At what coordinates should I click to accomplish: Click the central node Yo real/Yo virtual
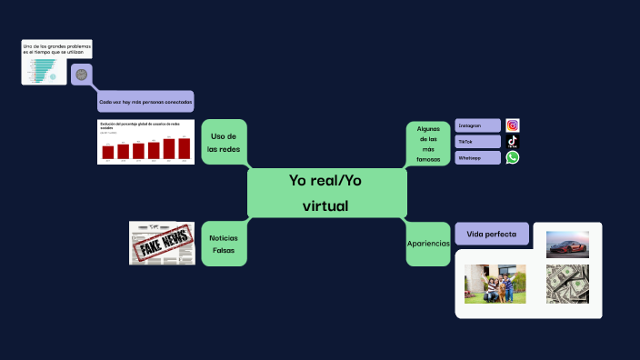tap(325, 193)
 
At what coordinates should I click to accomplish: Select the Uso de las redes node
tap(223, 142)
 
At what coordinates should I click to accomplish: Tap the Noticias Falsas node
tap(223, 243)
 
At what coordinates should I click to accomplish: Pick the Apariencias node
tap(428, 243)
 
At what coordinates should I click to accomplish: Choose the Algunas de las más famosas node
tap(428, 144)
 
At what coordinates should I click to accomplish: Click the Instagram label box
tap(477, 125)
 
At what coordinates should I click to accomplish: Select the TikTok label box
tap(477, 142)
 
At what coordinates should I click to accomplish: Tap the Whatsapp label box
tap(477, 158)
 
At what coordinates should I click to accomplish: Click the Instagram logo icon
tap(513, 125)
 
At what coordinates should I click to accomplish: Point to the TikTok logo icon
tap(513, 142)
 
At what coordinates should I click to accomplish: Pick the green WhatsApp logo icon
tap(513, 157)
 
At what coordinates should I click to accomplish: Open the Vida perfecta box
tap(492, 234)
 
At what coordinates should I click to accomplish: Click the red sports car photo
tap(567, 244)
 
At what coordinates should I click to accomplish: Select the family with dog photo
tap(495, 283)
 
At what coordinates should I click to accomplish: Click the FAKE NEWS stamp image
tap(162, 244)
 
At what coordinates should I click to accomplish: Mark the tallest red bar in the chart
tap(185, 148)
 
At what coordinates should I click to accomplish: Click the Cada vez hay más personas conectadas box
tap(145, 102)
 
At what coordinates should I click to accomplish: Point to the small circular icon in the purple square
tap(82, 75)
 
